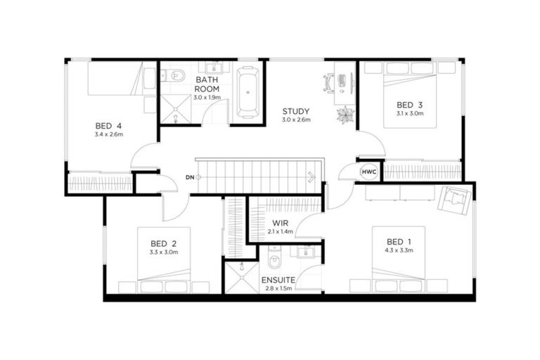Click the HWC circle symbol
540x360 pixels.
tap(368, 172)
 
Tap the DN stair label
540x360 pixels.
tap(189, 176)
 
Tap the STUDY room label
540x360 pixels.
tap(296, 111)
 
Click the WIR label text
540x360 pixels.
tap(280, 223)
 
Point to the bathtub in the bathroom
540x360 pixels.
tap(247, 91)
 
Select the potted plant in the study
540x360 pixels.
tap(345, 115)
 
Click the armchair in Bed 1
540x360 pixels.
tap(453, 199)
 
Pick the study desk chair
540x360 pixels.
tap(328, 82)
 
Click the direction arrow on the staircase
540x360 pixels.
tap(310, 177)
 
